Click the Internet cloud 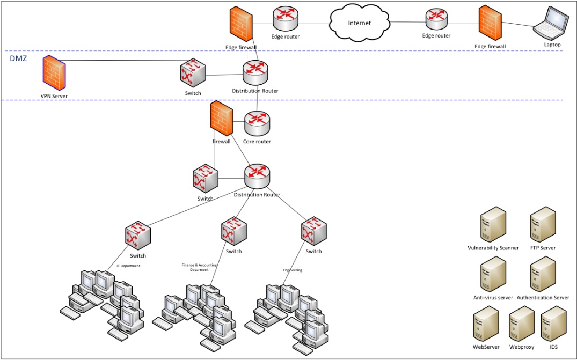pyautogui.click(x=359, y=23)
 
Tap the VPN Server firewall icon pyautogui.click(x=54, y=74)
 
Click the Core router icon pyautogui.click(x=257, y=124)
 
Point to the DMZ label pyautogui.click(x=19, y=58)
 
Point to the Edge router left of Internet pyautogui.click(x=286, y=19)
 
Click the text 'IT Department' pyautogui.click(x=128, y=265)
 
